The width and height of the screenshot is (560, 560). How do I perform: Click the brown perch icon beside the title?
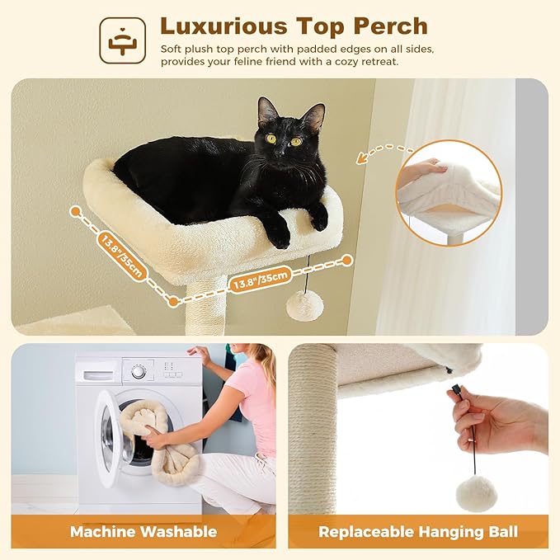coord(123,39)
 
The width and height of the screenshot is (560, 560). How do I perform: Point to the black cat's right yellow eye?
coord(295,140)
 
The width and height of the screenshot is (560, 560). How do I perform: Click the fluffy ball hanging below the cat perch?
coord(304,305)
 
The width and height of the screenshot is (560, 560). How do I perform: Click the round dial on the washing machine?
coord(139,372)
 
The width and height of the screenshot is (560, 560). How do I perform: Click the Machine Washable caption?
coord(144,531)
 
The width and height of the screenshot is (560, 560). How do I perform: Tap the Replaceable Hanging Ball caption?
coord(417,531)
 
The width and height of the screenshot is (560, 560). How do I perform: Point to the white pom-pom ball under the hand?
coord(476,492)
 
